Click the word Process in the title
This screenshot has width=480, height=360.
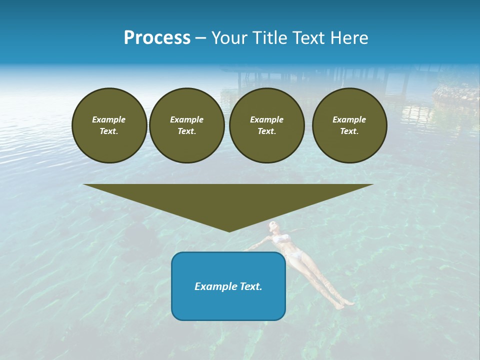tap(157, 38)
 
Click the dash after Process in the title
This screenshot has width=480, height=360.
tap(200, 39)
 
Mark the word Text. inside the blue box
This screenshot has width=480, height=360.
tap(251, 286)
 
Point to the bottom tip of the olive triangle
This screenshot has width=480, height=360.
tap(229, 230)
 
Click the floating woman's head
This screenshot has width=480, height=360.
tap(272, 225)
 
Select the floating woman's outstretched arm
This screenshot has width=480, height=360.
tap(256, 244)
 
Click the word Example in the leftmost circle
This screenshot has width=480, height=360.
tap(108, 119)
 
